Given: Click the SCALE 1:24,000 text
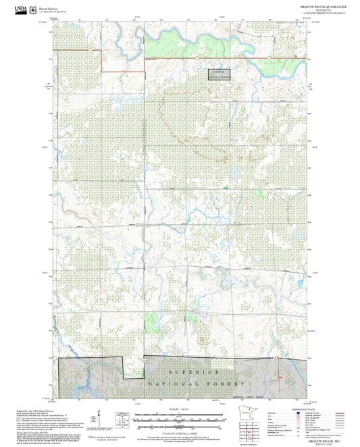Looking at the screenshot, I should (179, 409).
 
